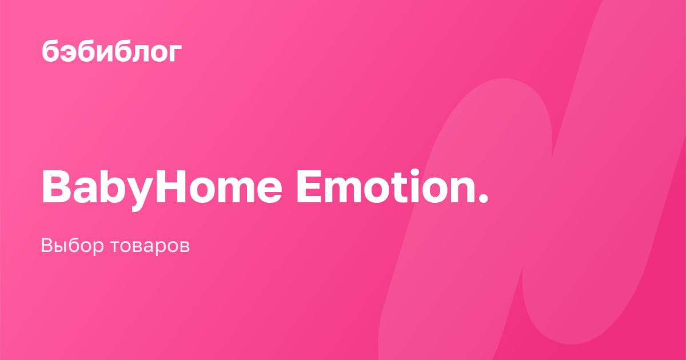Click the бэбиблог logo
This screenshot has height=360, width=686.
pyautogui.click(x=112, y=51)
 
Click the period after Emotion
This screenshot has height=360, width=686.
pyautogui.click(x=482, y=198)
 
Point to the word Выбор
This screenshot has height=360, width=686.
pyautogui.click(x=72, y=246)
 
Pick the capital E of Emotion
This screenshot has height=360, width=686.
pyautogui.click(x=309, y=186)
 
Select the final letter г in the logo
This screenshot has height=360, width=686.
pyautogui.click(x=175, y=53)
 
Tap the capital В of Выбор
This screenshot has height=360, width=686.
pyautogui.click(x=48, y=245)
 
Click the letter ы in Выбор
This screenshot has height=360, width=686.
pyautogui.click(x=63, y=247)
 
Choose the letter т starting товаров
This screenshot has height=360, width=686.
pyautogui.click(x=115, y=247)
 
